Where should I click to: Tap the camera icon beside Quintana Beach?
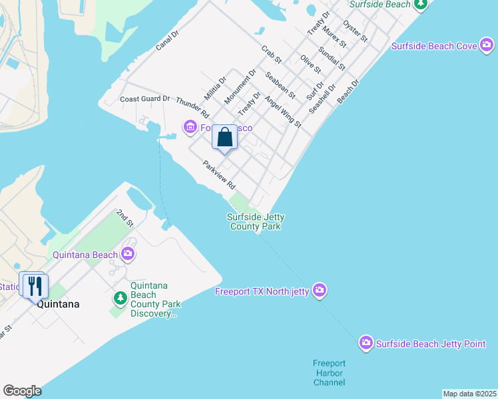(x=127, y=253)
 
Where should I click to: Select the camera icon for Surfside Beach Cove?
(x=487, y=46)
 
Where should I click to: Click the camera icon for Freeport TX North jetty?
(x=320, y=291)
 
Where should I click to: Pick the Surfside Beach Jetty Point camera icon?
(x=366, y=343)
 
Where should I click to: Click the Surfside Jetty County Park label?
(x=255, y=221)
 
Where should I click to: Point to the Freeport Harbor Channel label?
(x=330, y=372)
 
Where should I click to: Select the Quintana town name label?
(x=58, y=304)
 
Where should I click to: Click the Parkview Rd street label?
(x=220, y=174)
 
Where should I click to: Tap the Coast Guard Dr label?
(x=145, y=99)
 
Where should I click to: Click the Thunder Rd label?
(x=193, y=108)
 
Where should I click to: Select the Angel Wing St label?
(x=283, y=112)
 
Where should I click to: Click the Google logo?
(x=22, y=391)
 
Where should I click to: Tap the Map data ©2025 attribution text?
(x=469, y=394)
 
